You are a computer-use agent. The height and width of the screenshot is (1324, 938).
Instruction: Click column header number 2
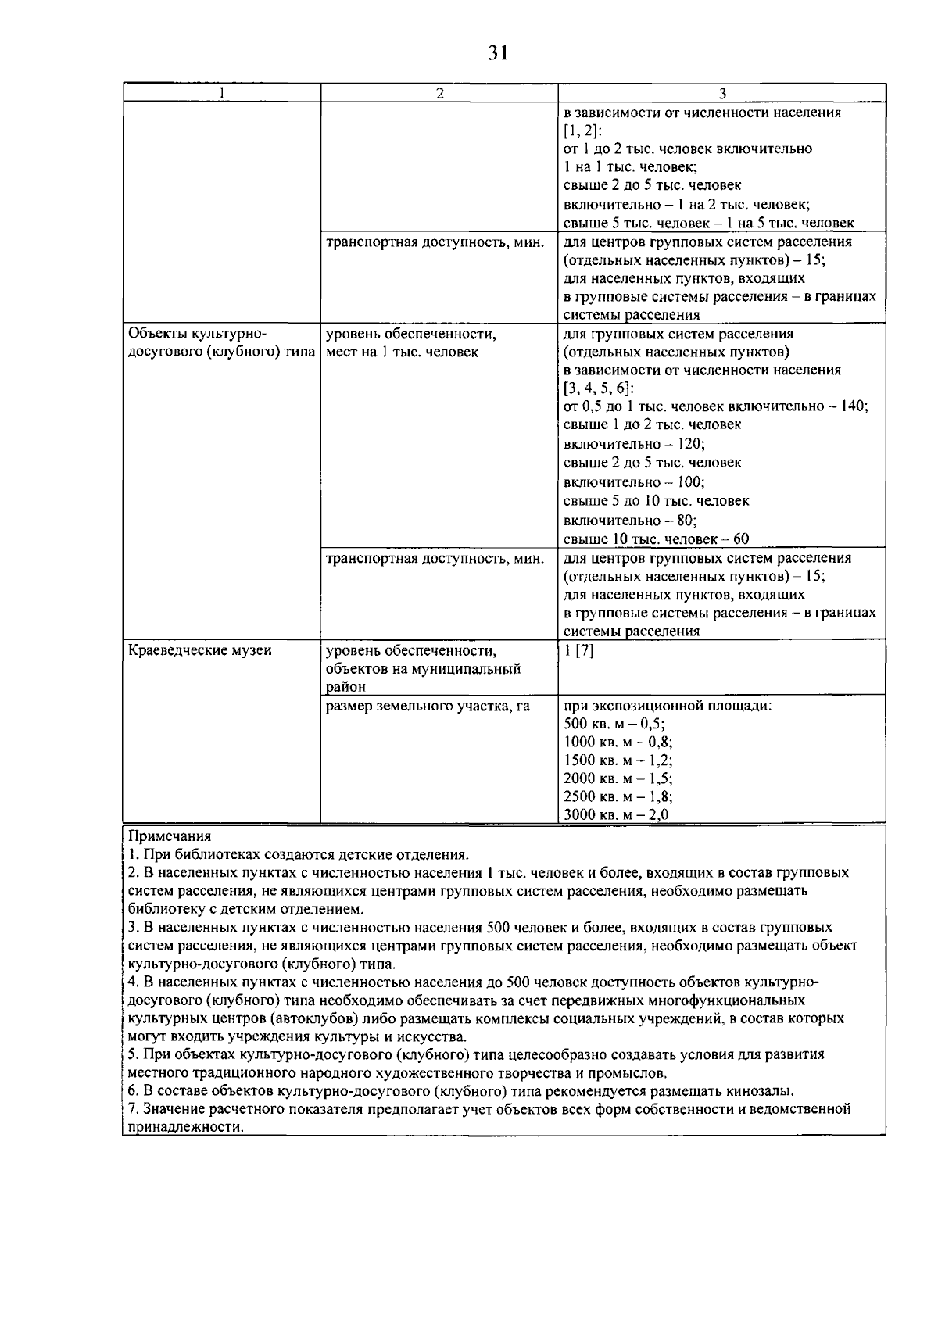(439, 93)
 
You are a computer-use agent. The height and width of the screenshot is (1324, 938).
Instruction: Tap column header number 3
(721, 93)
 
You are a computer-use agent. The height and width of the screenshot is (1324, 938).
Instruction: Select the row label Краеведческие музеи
(199, 650)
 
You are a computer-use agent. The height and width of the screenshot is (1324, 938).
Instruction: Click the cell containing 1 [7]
(578, 650)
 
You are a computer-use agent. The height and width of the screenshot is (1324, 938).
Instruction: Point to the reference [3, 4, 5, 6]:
(599, 388)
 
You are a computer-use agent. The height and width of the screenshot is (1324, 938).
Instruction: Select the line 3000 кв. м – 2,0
(616, 815)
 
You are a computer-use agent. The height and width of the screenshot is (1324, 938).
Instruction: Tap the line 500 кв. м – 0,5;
(614, 724)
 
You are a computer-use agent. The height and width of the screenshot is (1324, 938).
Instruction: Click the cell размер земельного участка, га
(428, 706)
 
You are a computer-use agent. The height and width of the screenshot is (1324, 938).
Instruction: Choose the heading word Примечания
(169, 836)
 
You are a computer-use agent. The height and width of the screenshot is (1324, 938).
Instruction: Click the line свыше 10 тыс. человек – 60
(656, 539)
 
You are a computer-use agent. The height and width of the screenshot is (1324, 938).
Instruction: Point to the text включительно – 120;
(634, 444)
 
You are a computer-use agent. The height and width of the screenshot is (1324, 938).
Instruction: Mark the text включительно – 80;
(630, 520)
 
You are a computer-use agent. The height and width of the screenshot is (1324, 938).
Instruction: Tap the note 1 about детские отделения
(298, 854)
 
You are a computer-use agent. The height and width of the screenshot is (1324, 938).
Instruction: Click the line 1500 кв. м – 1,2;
(618, 760)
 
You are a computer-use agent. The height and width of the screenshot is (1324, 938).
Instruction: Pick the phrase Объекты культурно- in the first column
(196, 334)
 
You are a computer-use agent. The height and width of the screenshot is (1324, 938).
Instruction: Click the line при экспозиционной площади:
(668, 706)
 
